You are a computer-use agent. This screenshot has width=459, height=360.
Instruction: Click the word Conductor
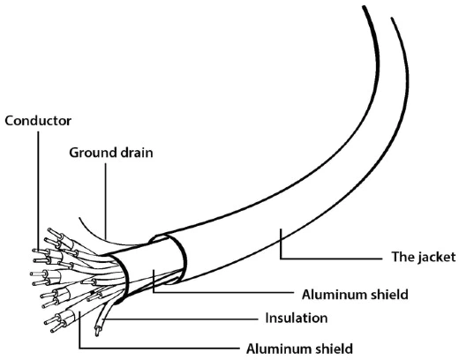tap(38, 121)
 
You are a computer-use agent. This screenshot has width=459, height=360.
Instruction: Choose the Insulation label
tap(297, 318)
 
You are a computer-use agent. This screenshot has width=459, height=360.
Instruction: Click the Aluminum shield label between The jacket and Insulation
tap(355, 295)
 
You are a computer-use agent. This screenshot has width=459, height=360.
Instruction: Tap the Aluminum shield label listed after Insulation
tap(299, 349)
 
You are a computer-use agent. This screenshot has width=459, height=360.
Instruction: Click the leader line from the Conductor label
tap(38, 191)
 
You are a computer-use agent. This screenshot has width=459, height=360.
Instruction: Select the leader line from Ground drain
tap(105, 201)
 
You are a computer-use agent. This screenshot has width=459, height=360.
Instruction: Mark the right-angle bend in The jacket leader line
tap(281, 259)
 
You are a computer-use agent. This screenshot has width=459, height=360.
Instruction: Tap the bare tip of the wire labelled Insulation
tap(97, 332)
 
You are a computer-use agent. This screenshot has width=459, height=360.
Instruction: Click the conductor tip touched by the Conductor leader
tap(37, 251)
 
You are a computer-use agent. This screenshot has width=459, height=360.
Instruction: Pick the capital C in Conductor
tap(10, 121)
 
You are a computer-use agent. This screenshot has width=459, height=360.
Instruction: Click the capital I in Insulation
tap(267, 318)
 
